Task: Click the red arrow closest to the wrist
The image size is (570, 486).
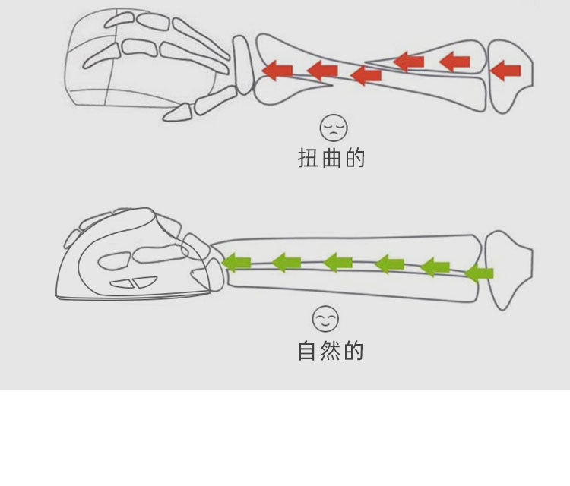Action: point(277,71)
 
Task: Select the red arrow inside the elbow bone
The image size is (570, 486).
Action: point(506,71)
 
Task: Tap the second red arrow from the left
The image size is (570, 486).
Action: point(322,71)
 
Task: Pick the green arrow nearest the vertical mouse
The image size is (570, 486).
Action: point(236,263)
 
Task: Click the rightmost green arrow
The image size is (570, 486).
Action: point(479,272)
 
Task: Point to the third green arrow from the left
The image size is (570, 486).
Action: point(338,263)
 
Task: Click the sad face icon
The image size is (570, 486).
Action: point(331,127)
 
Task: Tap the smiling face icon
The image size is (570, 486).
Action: point(325,318)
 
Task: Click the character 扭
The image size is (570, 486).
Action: point(308,159)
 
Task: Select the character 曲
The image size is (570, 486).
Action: point(331,159)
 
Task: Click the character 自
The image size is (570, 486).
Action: point(307,352)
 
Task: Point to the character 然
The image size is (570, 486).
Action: point(331,352)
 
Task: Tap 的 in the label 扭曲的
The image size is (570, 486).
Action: point(354,159)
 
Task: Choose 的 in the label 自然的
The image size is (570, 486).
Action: point(353,352)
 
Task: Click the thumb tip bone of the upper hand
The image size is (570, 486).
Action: point(176,112)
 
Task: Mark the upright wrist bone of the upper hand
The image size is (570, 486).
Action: point(243,65)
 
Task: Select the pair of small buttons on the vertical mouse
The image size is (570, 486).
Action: point(132,283)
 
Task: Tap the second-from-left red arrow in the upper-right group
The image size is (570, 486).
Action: point(454,61)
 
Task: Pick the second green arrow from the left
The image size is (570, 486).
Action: point(287,263)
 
